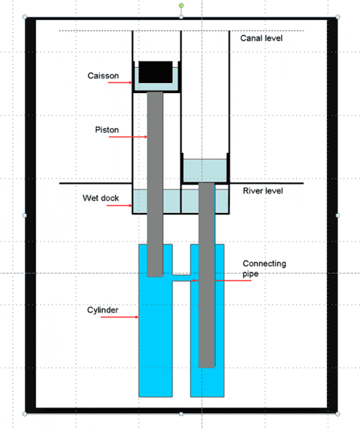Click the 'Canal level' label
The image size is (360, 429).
(x=261, y=38)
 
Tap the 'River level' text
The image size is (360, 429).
(x=263, y=191)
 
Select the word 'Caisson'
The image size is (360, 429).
(x=103, y=76)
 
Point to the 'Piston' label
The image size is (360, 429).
(x=107, y=129)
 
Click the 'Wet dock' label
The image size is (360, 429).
(x=101, y=198)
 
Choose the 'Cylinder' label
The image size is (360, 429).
(x=102, y=310)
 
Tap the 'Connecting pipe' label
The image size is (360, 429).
(x=264, y=268)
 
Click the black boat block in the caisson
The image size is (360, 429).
(x=155, y=72)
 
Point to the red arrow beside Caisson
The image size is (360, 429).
(x=120, y=82)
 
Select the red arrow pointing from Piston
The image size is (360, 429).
(x=128, y=137)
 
